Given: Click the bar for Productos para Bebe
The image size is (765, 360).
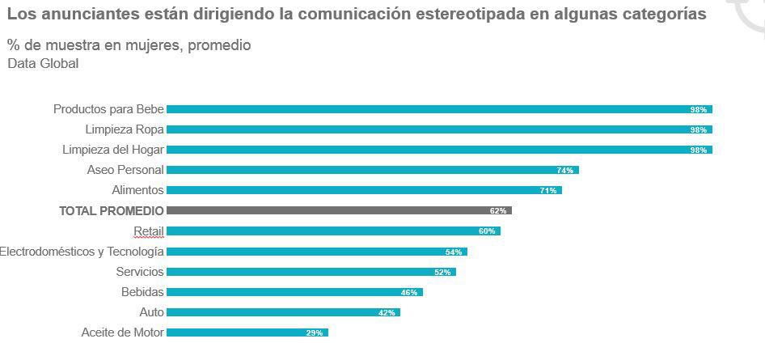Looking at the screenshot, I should click(437, 109).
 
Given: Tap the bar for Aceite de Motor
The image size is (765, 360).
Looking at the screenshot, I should click(247, 332).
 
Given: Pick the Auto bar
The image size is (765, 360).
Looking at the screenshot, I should click(282, 312).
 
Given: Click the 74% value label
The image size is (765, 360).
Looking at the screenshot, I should click(564, 171).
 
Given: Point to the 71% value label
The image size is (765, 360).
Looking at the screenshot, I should click(547, 191).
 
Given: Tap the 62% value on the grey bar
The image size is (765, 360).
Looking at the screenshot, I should click(497, 211).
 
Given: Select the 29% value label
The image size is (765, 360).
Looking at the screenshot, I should click(314, 333).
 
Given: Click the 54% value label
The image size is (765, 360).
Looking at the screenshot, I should click(453, 252).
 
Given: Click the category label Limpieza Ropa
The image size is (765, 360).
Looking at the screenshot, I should click(125, 129).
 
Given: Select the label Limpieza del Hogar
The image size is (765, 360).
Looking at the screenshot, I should click(113, 150).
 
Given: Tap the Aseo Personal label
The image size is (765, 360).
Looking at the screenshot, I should click(125, 170).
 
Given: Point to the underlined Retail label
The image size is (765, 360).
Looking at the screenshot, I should click(149, 231).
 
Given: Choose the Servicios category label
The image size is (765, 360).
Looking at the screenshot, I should click(140, 272).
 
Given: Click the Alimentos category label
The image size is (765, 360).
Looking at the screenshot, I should click(137, 190).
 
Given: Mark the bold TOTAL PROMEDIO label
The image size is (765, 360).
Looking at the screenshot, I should click(111, 210).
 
